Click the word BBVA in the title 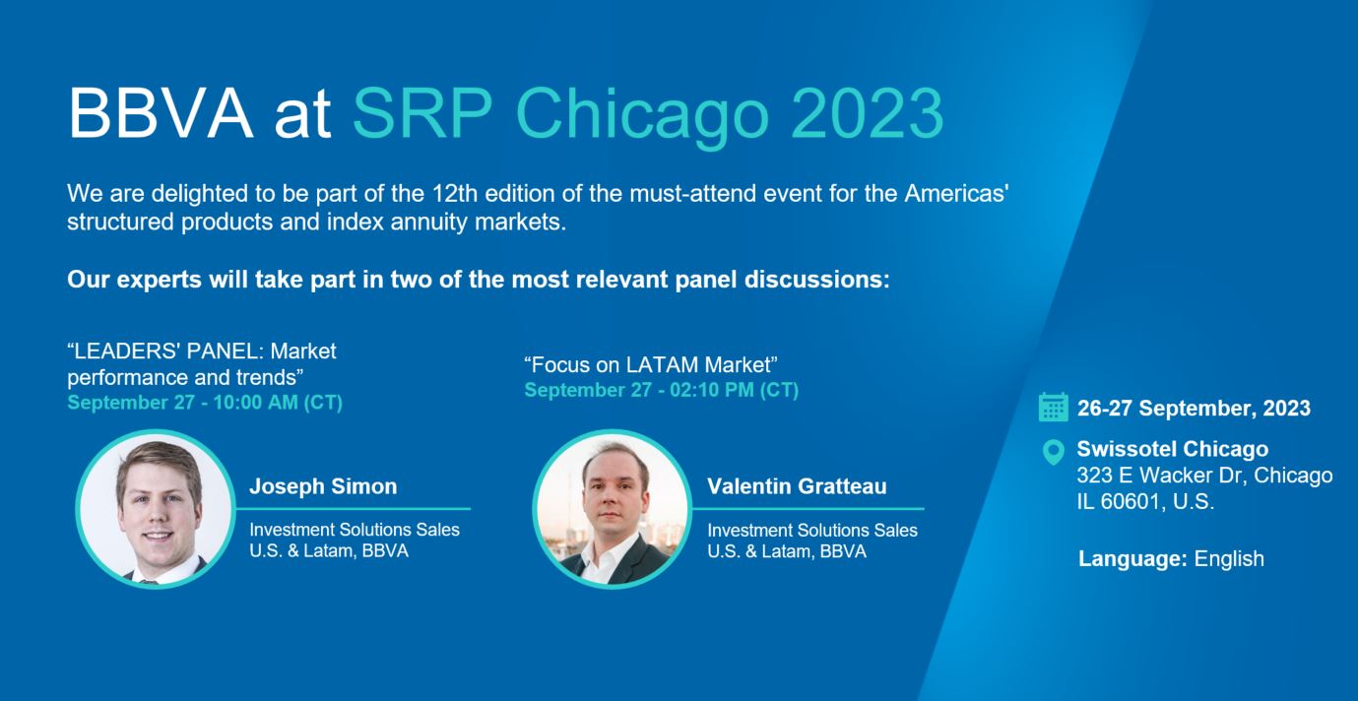[x=161, y=113]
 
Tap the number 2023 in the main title [x=867, y=113]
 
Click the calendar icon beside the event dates [x=1053, y=408]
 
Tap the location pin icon [x=1053, y=451]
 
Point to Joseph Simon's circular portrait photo [x=156, y=509]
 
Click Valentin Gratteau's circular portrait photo [x=613, y=509]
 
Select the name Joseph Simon [x=323, y=486]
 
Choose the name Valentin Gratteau [x=797, y=486]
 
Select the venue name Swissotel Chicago [x=1173, y=449]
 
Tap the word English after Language [x=1229, y=558]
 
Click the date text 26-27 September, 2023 [x=1194, y=409]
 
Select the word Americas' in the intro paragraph [x=956, y=194]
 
